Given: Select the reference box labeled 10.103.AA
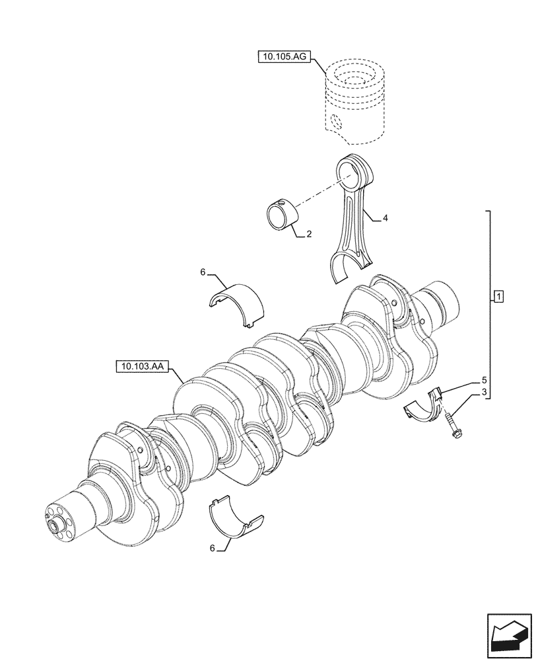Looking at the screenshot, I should [142, 364].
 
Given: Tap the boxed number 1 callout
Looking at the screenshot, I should [498, 295].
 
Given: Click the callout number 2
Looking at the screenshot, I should [309, 235].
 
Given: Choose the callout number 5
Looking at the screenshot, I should [484, 381].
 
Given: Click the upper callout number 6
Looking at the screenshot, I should [204, 271].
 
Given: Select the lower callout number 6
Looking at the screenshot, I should [212, 548].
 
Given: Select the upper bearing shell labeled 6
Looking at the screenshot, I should [237, 305].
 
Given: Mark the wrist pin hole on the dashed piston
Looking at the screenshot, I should [337, 122].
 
